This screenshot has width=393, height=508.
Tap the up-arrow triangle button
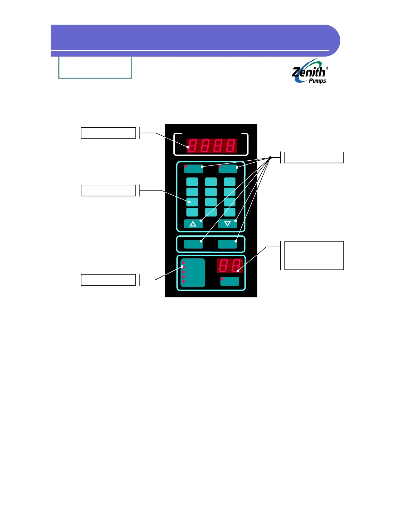coord(193,224)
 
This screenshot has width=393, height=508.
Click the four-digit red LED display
coord(212,146)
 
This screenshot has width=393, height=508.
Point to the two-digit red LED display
coord(229,266)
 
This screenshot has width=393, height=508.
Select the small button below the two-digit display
coord(230,281)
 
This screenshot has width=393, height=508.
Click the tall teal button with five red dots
coord(193,273)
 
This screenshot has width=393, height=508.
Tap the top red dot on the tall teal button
coord(183,263)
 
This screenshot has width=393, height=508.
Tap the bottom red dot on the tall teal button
coord(183,282)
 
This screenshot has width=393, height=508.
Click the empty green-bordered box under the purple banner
coord(95,67)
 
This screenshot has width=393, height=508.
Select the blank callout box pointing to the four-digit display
coord(108,133)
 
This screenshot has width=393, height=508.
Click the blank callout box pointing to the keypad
coord(108,190)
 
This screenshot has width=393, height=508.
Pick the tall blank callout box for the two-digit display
coord(314,256)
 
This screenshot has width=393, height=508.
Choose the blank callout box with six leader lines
coord(314,157)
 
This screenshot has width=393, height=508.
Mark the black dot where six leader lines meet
coord(270,158)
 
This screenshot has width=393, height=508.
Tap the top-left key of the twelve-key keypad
coord(192,182)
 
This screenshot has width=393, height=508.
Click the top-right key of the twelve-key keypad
coord(230,182)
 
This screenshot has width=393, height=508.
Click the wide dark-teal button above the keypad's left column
coord(194,169)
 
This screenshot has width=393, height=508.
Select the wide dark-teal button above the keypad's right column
coord(228,169)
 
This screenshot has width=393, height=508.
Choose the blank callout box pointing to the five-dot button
coord(108,280)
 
